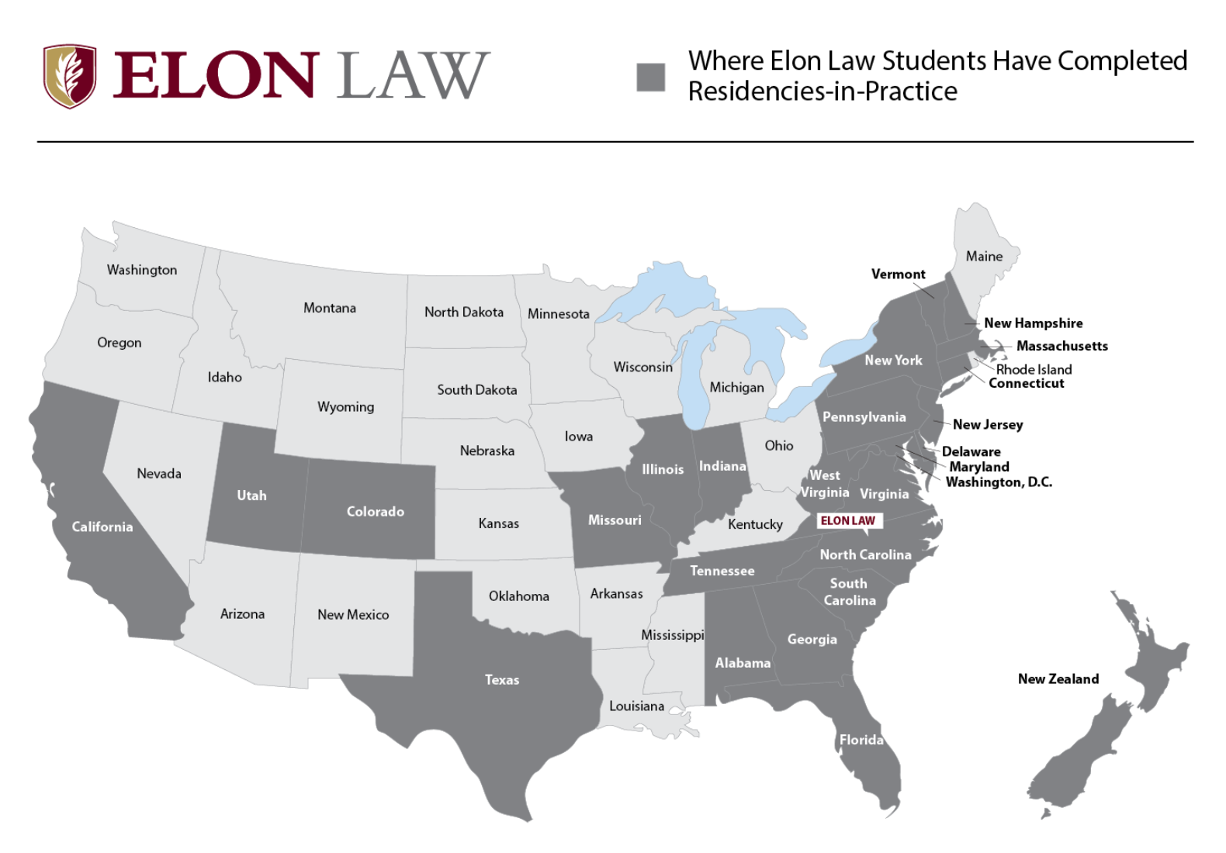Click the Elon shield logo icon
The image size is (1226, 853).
pyautogui.click(x=70, y=76)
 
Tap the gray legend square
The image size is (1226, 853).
pyautogui.click(x=650, y=78)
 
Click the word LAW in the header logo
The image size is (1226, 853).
pyautogui.click(x=413, y=76)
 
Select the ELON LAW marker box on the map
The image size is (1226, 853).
pyautogui.click(x=848, y=521)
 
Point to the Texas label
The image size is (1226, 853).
pyautogui.click(x=502, y=680)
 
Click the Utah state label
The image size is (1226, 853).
pyautogui.click(x=251, y=496)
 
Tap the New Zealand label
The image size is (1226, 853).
pyautogui.click(x=1058, y=679)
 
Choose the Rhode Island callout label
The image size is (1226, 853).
pyautogui.click(x=1034, y=370)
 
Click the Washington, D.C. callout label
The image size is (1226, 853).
pyautogui.click(x=999, y=482)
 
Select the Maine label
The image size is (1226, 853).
pyautogui.click(x=984, y=257)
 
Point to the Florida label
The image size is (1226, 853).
pyautogui.click(x=861, y=740)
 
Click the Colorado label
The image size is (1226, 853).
pyautogui.click(x=375, y=512)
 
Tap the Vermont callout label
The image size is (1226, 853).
pyautogui.click(x=898, y=275)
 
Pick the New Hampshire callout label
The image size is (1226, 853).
pyautogui.click(x=1033, y=323)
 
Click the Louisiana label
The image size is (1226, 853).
pyautogui.click(x=636, y=706)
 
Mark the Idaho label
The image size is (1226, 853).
pyautogui.click(x=224, y=378)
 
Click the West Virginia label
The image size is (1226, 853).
pyautogui.click(x=825, y=484)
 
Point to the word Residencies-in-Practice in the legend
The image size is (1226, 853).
pyautogui.click(x=823, y=92)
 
